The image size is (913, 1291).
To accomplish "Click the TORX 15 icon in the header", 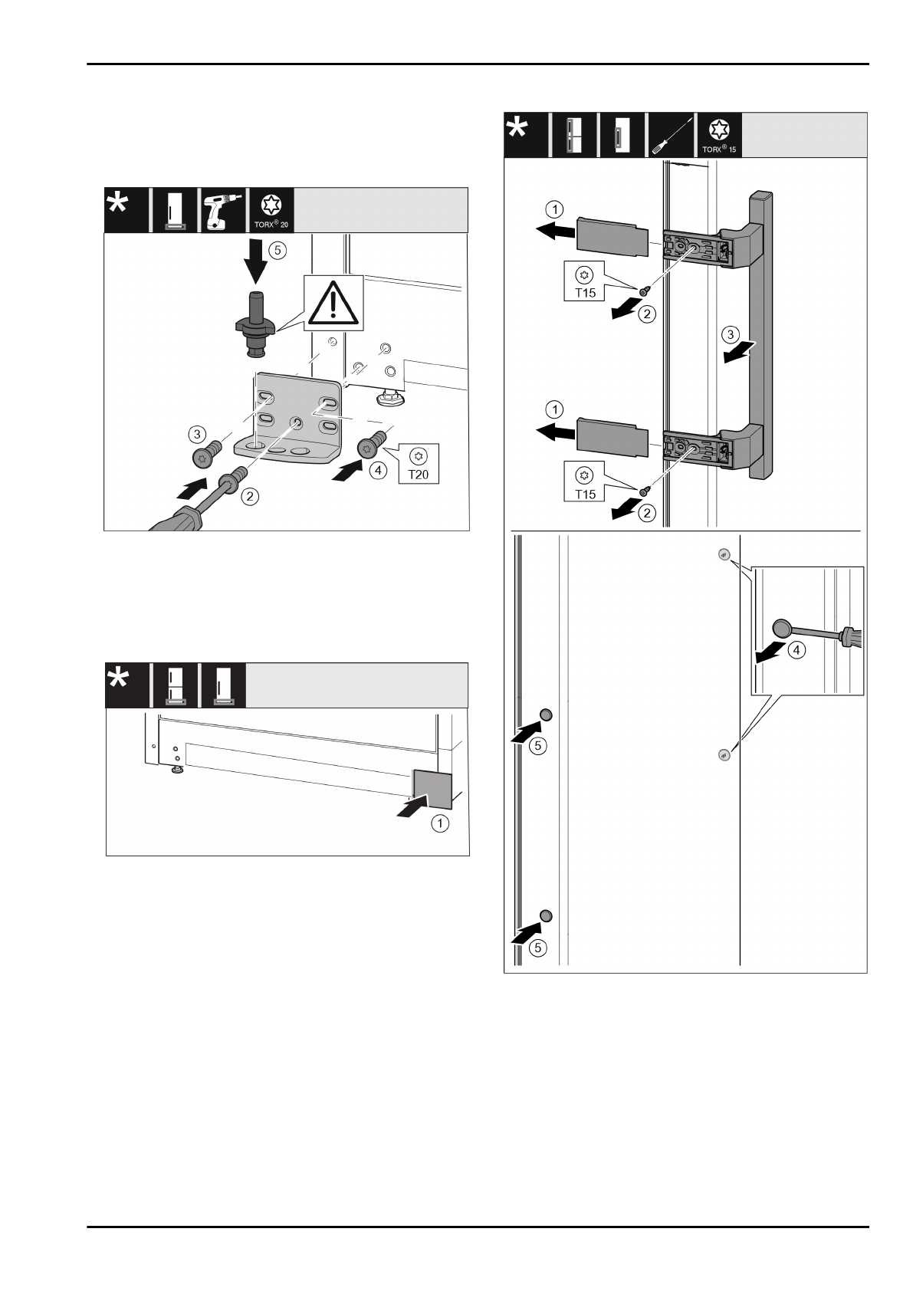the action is (719, 135).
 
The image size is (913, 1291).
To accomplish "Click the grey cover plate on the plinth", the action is (433, 790).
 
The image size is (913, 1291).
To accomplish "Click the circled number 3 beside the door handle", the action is (731, 335).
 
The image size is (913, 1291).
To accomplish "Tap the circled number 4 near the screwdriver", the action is (797, 650).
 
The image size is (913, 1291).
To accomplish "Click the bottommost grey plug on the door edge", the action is (546, 916).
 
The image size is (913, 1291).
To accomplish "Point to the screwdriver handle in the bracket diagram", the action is (179, 518).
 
